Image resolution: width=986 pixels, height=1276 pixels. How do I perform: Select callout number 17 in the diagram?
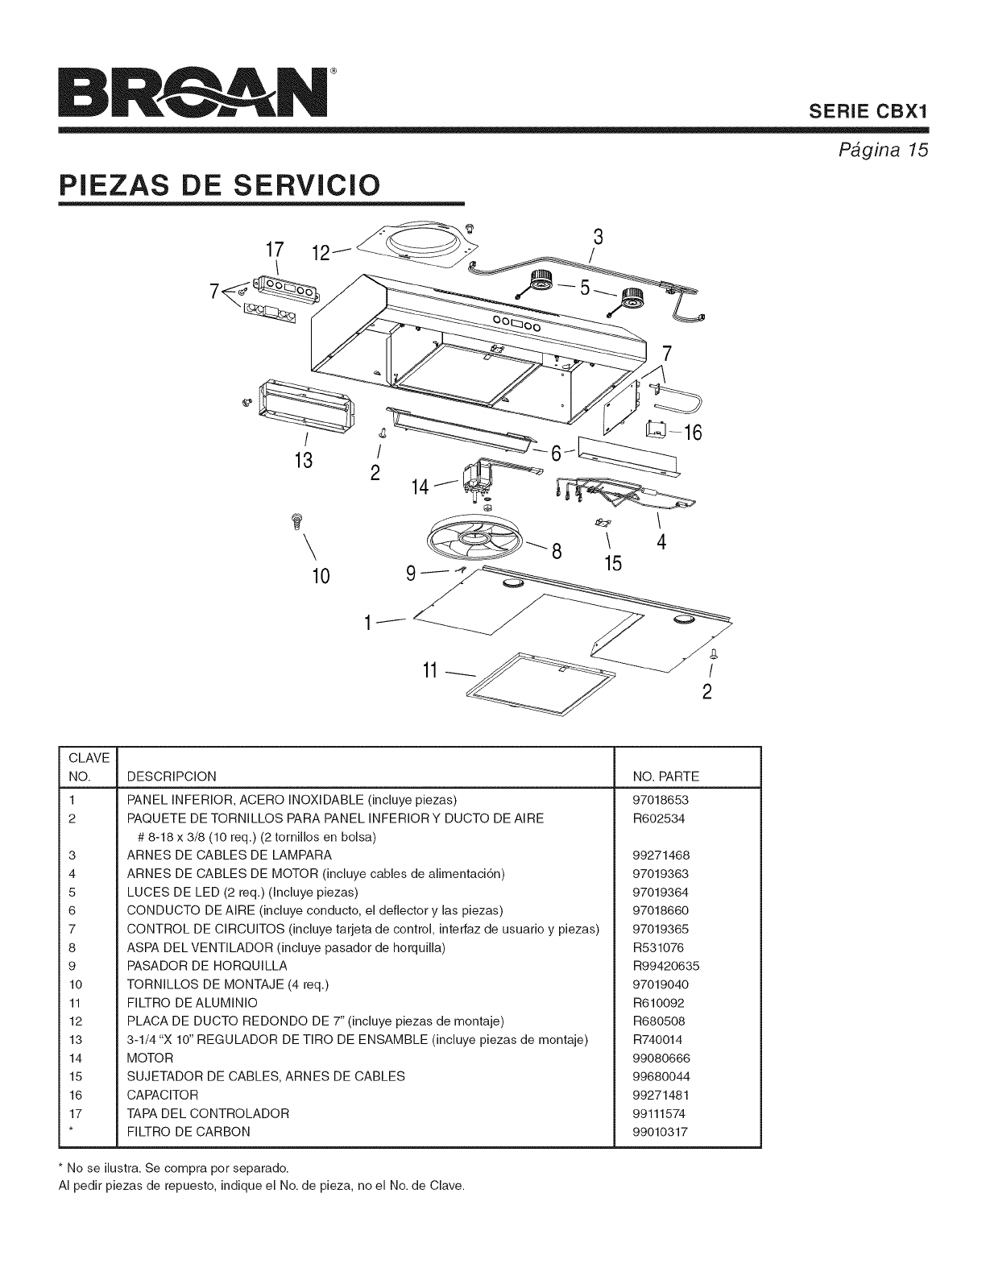click(x=276, y=245)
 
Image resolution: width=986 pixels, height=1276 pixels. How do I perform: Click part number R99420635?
click(x=666, y=966)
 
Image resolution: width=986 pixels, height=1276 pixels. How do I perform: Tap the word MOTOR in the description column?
click(x=151, y=1058)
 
